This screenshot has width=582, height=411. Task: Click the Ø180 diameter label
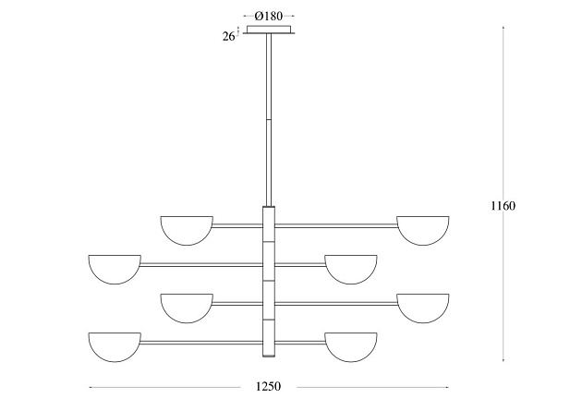(269, 16)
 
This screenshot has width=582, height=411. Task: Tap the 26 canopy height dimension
(228, 36)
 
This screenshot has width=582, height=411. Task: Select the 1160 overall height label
(503, 205)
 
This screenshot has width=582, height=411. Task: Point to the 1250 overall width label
(268, 386)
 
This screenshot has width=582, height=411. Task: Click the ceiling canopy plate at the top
(269, 30)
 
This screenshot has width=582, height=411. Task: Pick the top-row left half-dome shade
(187, 230)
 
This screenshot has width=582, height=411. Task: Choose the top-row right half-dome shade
(423, 230)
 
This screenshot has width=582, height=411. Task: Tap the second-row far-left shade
(115, 270)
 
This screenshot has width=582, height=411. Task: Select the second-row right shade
(351, 270)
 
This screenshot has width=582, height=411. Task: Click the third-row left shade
(187, 308)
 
